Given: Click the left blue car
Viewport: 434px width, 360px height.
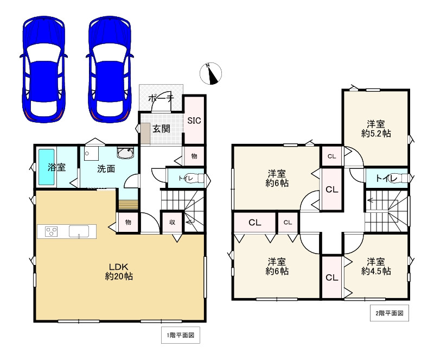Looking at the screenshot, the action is pos(44,70).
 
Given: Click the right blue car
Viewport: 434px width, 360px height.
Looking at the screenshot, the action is pos(110,70).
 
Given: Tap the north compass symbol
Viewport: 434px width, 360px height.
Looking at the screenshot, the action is pos(211,73).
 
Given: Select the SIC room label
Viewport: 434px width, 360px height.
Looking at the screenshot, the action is pos(194,121).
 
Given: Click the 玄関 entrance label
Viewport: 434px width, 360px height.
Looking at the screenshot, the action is pos(161,129).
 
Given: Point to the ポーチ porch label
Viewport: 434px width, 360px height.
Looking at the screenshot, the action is pos(161,98).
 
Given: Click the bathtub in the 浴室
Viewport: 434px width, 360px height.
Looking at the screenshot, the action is pos(46,167).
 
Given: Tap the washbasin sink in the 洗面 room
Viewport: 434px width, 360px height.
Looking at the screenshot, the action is pos(126,153).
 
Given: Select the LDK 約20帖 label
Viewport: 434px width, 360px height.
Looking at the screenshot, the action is pos(119,271).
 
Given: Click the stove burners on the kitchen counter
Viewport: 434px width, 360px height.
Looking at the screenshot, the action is pos(51,231).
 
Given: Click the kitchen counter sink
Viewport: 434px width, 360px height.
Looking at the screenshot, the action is pos(79,231).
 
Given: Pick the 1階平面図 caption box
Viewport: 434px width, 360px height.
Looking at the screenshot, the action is pos(181,335).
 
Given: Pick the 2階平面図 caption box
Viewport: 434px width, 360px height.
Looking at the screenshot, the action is pos(390,313).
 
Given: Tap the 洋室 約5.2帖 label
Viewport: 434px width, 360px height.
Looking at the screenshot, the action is pos(376,129).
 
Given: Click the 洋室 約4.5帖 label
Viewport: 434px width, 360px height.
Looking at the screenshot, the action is pos(376,266).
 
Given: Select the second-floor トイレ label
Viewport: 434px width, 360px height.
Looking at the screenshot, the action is pos(386,178).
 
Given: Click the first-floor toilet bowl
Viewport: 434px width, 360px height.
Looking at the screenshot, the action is pos(199,178).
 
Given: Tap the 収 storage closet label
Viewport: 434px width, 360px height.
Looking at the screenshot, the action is pos(172,222).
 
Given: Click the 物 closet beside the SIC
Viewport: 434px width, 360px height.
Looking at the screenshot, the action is pos(194,156).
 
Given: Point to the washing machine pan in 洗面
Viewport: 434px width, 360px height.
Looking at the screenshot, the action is pos(92,154).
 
